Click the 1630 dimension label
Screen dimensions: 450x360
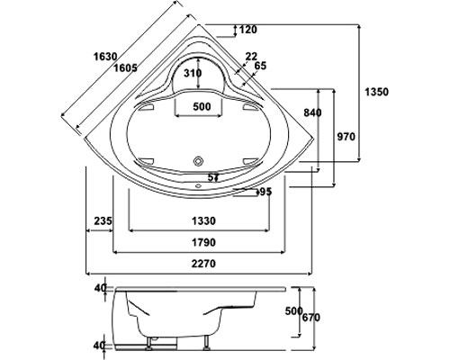[105, 57]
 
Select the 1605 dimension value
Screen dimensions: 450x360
[125, 68]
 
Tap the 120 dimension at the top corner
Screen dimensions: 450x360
[248, 30]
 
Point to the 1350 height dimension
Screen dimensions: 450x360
[376, 92]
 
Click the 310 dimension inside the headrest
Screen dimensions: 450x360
[193, 73]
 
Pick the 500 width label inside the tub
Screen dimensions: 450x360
[202, 106]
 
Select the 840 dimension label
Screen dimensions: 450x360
[312, 112]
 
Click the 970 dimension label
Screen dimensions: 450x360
[346, 137]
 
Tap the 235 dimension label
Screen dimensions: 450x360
[103, 221]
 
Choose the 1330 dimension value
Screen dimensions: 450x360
[203, 221]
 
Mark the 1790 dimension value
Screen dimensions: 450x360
[203, 242]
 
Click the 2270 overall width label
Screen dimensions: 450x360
[203, 264]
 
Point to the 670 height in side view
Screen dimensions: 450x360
[311, 317]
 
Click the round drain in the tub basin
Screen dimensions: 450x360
[198, 161]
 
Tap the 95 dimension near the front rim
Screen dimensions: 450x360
[265, 192]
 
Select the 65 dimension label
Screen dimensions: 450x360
[260, 66]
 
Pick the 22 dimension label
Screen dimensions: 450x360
[251, 56]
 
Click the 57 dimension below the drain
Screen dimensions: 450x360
[213, 177]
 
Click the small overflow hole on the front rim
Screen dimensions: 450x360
[198, 185]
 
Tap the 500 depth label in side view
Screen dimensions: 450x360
[293, 311]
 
